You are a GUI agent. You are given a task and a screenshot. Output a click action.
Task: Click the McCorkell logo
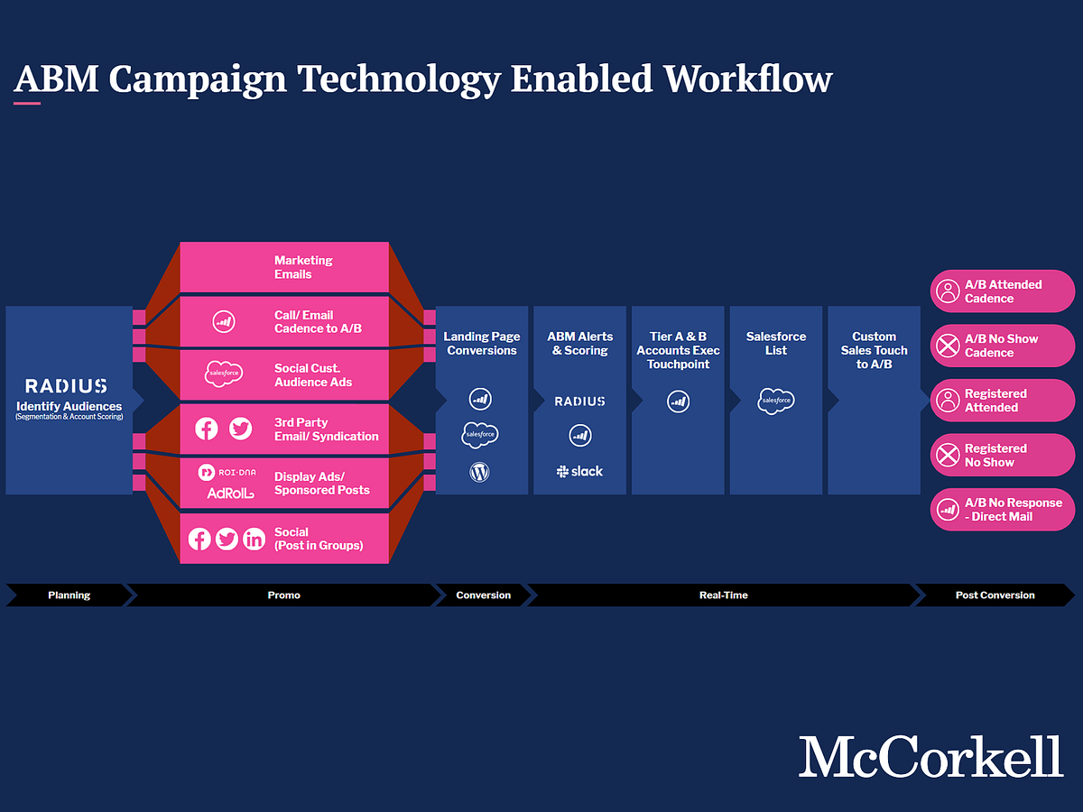(930, 756)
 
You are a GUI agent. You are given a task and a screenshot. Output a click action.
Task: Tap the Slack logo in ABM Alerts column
(579, 471)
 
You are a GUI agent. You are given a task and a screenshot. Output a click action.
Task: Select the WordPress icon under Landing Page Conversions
(479, 472)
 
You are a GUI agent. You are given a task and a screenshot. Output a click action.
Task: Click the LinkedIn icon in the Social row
(255, 539)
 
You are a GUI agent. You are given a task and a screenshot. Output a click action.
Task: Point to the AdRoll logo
(230, 493)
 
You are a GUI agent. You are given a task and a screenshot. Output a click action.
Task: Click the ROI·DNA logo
(227, 472)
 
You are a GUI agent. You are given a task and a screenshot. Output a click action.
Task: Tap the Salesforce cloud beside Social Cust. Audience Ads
(224, 374)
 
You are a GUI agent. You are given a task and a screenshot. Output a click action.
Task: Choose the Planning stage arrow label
(69, 595)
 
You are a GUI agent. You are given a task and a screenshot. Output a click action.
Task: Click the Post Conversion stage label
(995, 595)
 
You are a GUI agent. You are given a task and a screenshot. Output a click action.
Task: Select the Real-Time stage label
(723, 595)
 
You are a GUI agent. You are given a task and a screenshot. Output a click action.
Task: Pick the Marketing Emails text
(303, 267)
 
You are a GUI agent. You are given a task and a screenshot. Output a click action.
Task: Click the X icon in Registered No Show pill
(948, 455)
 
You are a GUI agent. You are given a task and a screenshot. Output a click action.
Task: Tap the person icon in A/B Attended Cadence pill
(948, 291)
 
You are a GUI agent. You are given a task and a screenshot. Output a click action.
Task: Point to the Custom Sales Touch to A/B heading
(874, 350)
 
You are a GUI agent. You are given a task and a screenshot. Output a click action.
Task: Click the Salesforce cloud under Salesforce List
(776, 401)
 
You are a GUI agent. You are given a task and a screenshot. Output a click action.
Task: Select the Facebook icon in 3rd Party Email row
(207, 429)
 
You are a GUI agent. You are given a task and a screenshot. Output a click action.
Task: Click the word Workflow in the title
(748, 78)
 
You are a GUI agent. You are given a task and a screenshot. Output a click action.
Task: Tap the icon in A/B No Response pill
(948, 509)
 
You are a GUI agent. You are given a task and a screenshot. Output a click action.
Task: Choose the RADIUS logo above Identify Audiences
(66, 386)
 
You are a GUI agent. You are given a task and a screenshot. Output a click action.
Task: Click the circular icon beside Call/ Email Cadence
(224, 321)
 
